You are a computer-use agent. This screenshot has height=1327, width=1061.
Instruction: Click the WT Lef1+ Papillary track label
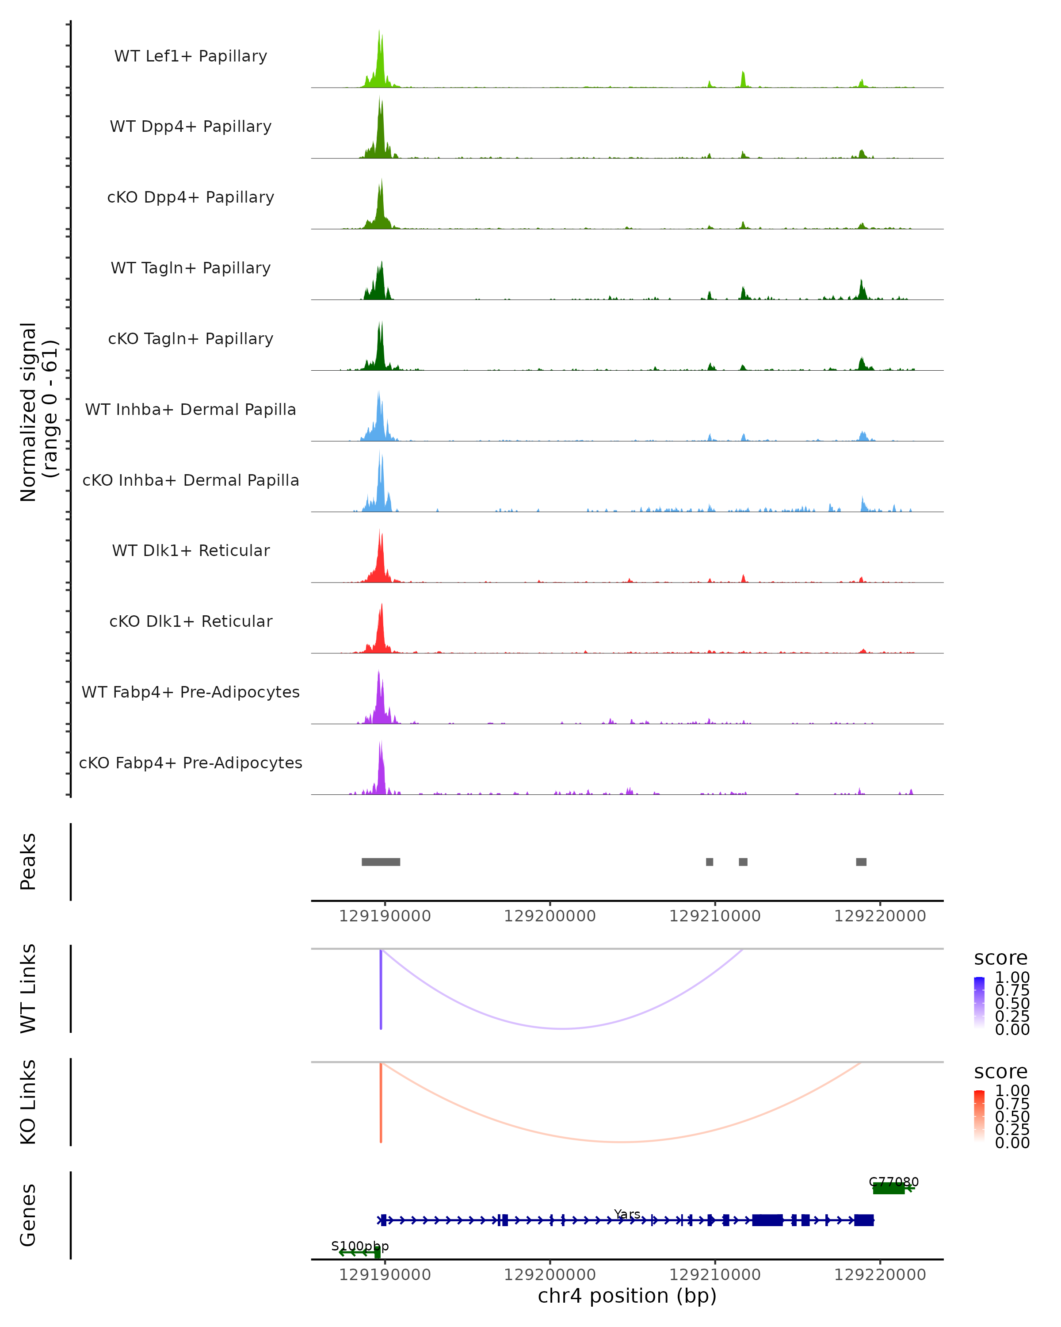[191, 56]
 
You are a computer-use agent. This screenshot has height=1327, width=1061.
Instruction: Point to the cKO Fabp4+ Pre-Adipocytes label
[191, 763]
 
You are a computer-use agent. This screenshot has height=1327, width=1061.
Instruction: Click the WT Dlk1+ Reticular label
[191, 550]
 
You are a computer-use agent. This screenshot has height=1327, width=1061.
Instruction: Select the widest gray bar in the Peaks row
[381, 862]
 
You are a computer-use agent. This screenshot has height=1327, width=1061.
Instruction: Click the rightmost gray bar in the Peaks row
[861, 862]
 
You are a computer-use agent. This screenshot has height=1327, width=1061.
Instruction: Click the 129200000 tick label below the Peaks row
[550, 916]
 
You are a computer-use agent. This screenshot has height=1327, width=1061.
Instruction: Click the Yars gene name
[627, 1214]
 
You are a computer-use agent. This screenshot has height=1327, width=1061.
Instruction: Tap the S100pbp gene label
[360, 1246]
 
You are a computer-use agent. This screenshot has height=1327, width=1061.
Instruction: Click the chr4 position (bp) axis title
[627, 1296]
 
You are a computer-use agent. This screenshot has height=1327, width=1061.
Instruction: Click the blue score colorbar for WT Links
[979, 1002]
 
